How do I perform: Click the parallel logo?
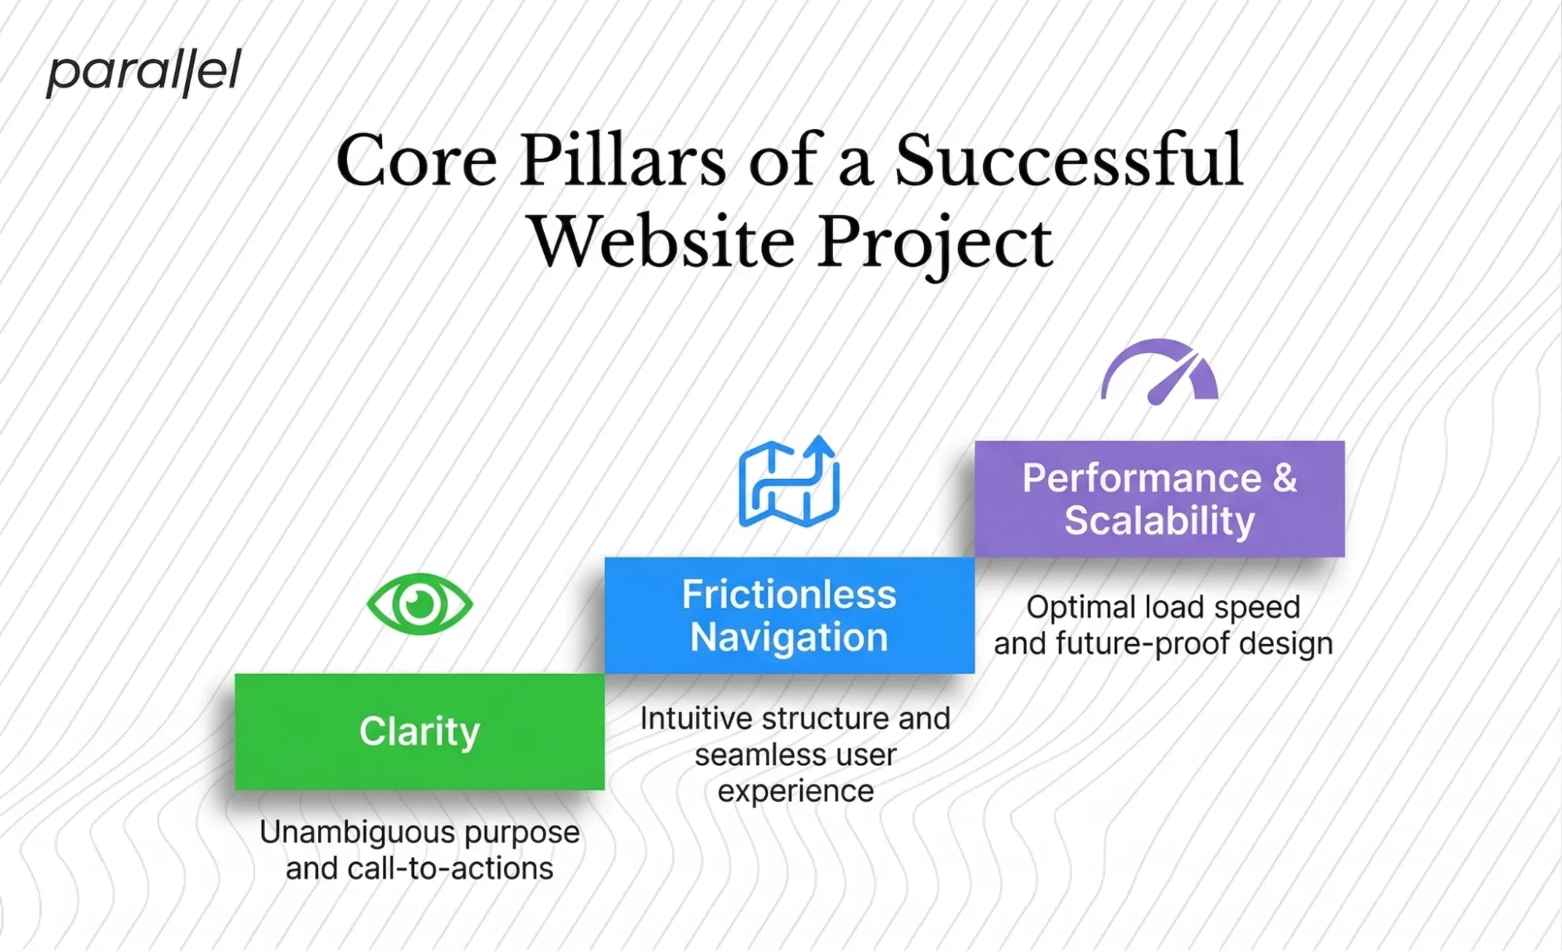tap(144, 73)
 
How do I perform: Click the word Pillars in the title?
tap(623, 160)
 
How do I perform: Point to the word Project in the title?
tap(935, 243)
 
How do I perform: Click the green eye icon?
tap(420, 604)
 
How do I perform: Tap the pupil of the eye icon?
tap(420, 604)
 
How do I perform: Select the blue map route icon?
tap(788, 482)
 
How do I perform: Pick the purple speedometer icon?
tap(1159, 372)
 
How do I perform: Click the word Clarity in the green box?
tap(420, 732)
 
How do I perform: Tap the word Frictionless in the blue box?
tap(788, 595)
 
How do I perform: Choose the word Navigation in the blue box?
tap(788, 638)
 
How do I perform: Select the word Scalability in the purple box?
tap(1159, 521)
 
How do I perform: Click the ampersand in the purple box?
tap(1285, 478)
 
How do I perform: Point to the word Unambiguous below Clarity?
tap(357, 833)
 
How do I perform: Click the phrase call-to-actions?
tap(450, 869)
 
